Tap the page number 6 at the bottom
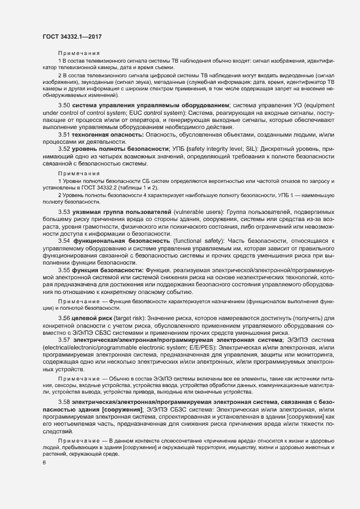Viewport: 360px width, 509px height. [x=44, y=463]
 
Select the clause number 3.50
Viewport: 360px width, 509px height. [x=64, y=105]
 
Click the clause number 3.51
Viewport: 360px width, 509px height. [x=64, y=133]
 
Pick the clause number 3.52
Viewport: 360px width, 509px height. [x=64, y=148]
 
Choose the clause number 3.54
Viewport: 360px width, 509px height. [x=64, y=240]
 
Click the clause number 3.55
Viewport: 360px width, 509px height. [x=64, y=269]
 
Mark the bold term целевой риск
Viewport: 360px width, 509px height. [x=96, y=317]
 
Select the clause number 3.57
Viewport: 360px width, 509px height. [x=64, y=340]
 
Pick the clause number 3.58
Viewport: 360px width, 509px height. [x=64, y=401]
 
